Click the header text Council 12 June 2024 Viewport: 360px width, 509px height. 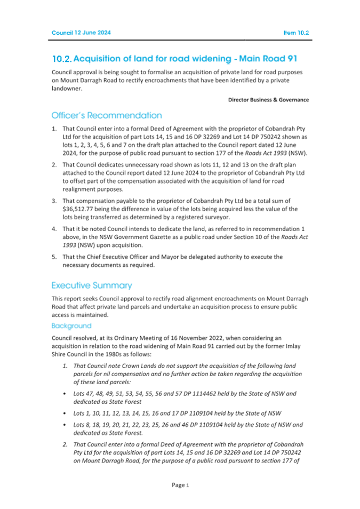(81, 33)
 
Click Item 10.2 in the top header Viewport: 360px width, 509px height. (296, 33)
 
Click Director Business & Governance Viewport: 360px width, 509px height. (268, 100)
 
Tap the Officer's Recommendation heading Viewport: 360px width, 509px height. (106, 115)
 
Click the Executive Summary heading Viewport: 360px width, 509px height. (92, 285)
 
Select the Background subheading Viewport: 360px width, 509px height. (71, 325)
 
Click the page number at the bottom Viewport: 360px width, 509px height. (180, 485)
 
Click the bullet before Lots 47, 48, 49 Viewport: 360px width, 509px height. (65, 393)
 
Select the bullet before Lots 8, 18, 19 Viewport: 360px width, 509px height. (65, 425)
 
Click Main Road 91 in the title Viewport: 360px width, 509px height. (274, 58)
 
